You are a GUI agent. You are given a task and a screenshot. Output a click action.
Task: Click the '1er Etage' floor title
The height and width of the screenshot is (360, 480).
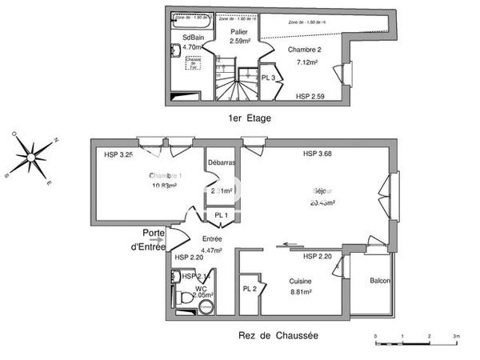250,118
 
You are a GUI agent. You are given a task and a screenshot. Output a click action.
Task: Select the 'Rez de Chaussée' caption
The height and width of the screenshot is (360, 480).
278,335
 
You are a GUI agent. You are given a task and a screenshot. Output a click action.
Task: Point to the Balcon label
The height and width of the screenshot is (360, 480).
379,282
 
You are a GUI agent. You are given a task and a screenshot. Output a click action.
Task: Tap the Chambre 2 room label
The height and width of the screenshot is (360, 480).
304,54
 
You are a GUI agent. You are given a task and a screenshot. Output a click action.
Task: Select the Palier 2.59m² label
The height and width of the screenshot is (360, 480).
241,36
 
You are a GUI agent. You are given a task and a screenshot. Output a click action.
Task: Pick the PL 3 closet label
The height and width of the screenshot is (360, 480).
270,78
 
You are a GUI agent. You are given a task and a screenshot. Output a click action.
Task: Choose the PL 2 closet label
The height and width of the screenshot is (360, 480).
250,289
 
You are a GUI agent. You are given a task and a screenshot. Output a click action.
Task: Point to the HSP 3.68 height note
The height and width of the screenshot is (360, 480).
317,154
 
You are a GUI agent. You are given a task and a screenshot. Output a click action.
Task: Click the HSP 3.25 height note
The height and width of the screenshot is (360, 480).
118,154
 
